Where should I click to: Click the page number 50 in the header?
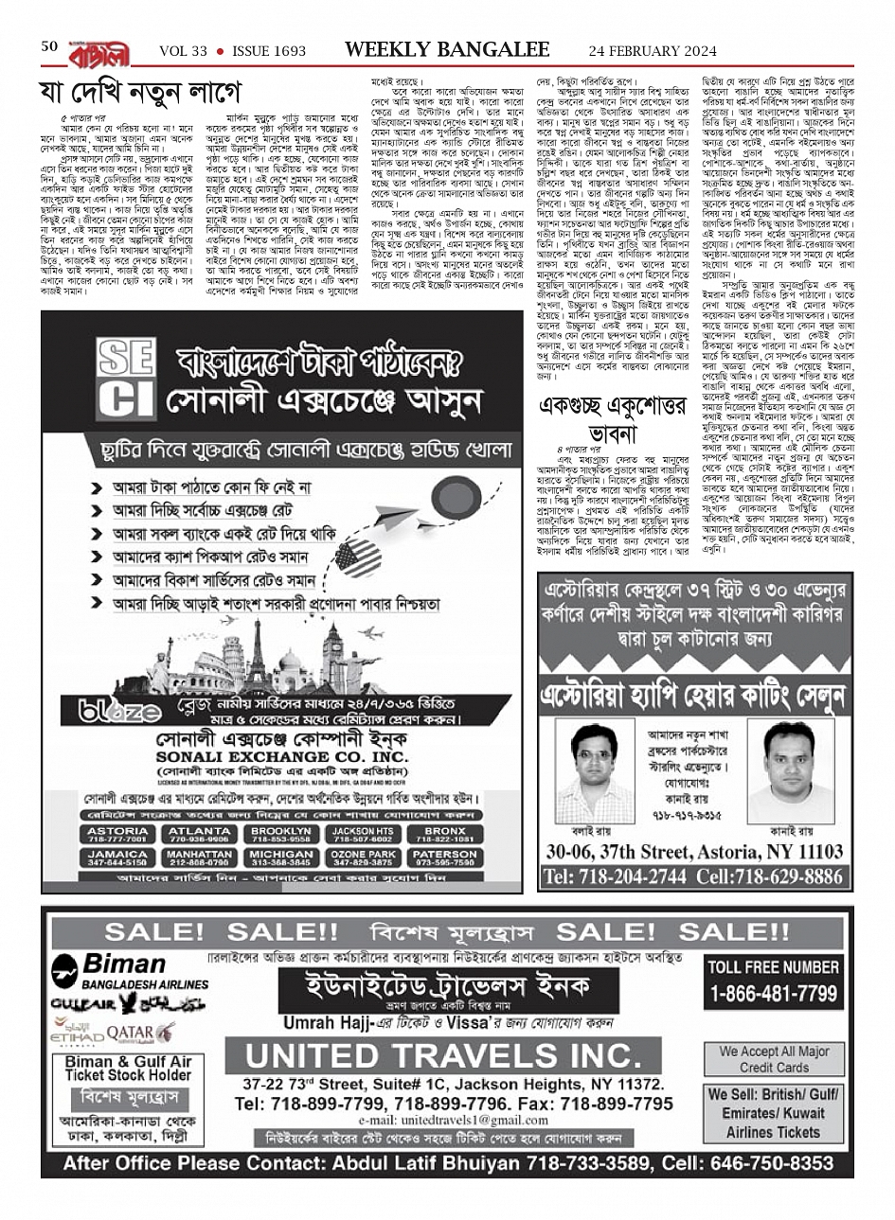(x=50, y=46)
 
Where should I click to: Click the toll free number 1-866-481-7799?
(x=774, y=994)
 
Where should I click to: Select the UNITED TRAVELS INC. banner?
(x=442, y=1054)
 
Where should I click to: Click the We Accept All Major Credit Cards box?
(x=774, y=1059)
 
